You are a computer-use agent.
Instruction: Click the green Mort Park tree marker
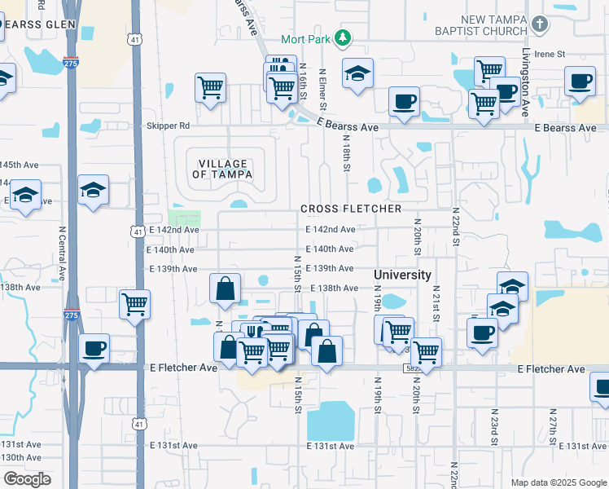(x=344, y=38)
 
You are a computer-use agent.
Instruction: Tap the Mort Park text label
(x=307, y=39)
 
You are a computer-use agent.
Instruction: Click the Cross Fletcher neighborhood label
(x=351, y=209)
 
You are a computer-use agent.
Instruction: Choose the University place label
(x=402, y=275)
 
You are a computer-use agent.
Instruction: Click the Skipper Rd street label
(x=168, y=126)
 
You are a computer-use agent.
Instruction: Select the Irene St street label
(x=550, y=54)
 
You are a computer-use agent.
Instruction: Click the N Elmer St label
(x=322, y=90)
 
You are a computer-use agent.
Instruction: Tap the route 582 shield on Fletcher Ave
(x=413, y=368)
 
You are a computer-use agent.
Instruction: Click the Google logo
(x=27, y=479)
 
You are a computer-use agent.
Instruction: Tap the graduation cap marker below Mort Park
(x=357, y=73)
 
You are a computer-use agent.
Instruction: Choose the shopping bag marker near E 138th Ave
(x=225, y=289)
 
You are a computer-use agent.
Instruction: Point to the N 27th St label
(x=551, y=425)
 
